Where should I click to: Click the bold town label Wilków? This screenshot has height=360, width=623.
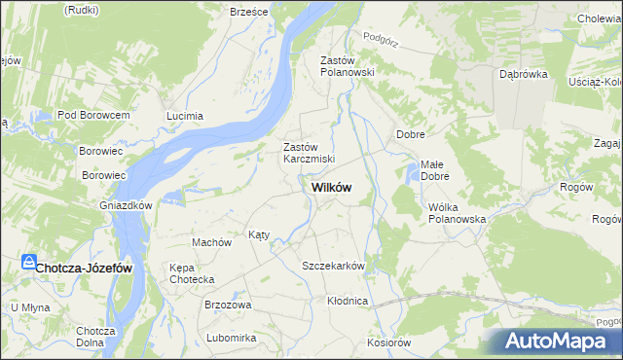pyautogui.click(x=331, y=188)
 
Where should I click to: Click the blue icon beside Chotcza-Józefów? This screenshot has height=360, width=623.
pyautogui.click(x=28, y=263)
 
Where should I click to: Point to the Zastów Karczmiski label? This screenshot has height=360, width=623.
pyautogui.click(x=309, y=153)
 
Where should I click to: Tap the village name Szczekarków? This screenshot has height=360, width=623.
pyautogui.click(x=333, y=266)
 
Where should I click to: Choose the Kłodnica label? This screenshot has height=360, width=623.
pyautogui.click(x=348, y=302)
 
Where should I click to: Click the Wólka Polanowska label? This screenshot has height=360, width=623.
pyautogui.click(x=457, y=213)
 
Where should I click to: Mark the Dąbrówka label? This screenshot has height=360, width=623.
pyautogui.click(x=523, y=74)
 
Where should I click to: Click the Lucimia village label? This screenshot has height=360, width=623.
pyautogui.click(x=185, y=116)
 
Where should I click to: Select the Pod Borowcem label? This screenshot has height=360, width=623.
pyautogui.click(x=93, y=115)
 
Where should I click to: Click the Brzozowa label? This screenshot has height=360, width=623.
pyautogui.click(x=228, y=305)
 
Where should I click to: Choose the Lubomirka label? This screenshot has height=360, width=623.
pyautogui.click(x=231, y=338)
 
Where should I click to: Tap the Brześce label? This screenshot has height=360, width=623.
pyautogui.click(x=248, y=11)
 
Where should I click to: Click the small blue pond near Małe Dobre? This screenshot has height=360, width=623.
pyautogui.click(x=412, y=175)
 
